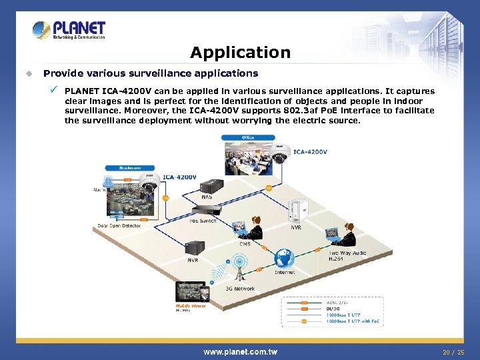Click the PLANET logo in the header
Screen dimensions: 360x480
point(69,30)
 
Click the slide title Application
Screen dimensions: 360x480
point(240,53)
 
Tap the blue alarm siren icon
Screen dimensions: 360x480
point(108,182)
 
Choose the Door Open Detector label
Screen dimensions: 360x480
point(119,226)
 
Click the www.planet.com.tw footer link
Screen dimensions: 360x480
point(240,351)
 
